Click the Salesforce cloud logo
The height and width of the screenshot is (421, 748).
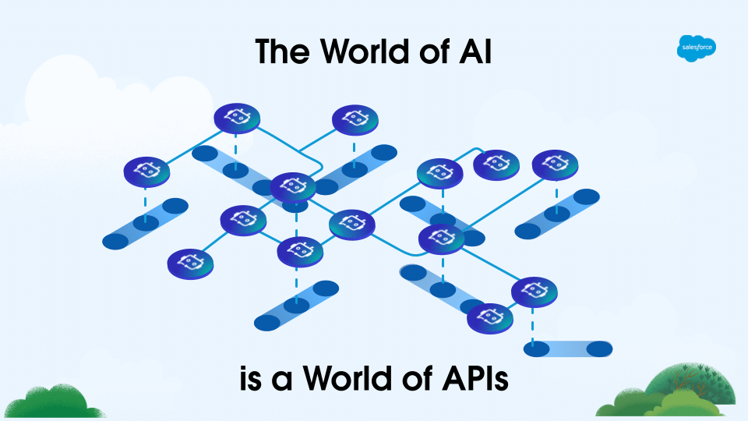[x=697, y=48]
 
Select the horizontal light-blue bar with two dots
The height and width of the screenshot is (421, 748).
[x=568, y=348]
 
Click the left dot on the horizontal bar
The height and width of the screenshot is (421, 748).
[x=537, y=348]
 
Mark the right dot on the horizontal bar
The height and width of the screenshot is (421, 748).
[x=599, y=348]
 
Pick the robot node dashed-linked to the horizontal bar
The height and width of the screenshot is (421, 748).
[x=535, y=291]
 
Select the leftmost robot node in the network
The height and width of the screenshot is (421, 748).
[x=146, y=171]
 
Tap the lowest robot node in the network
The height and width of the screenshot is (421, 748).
[x=490, y=317]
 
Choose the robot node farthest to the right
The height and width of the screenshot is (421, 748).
[x=556, y=165]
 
